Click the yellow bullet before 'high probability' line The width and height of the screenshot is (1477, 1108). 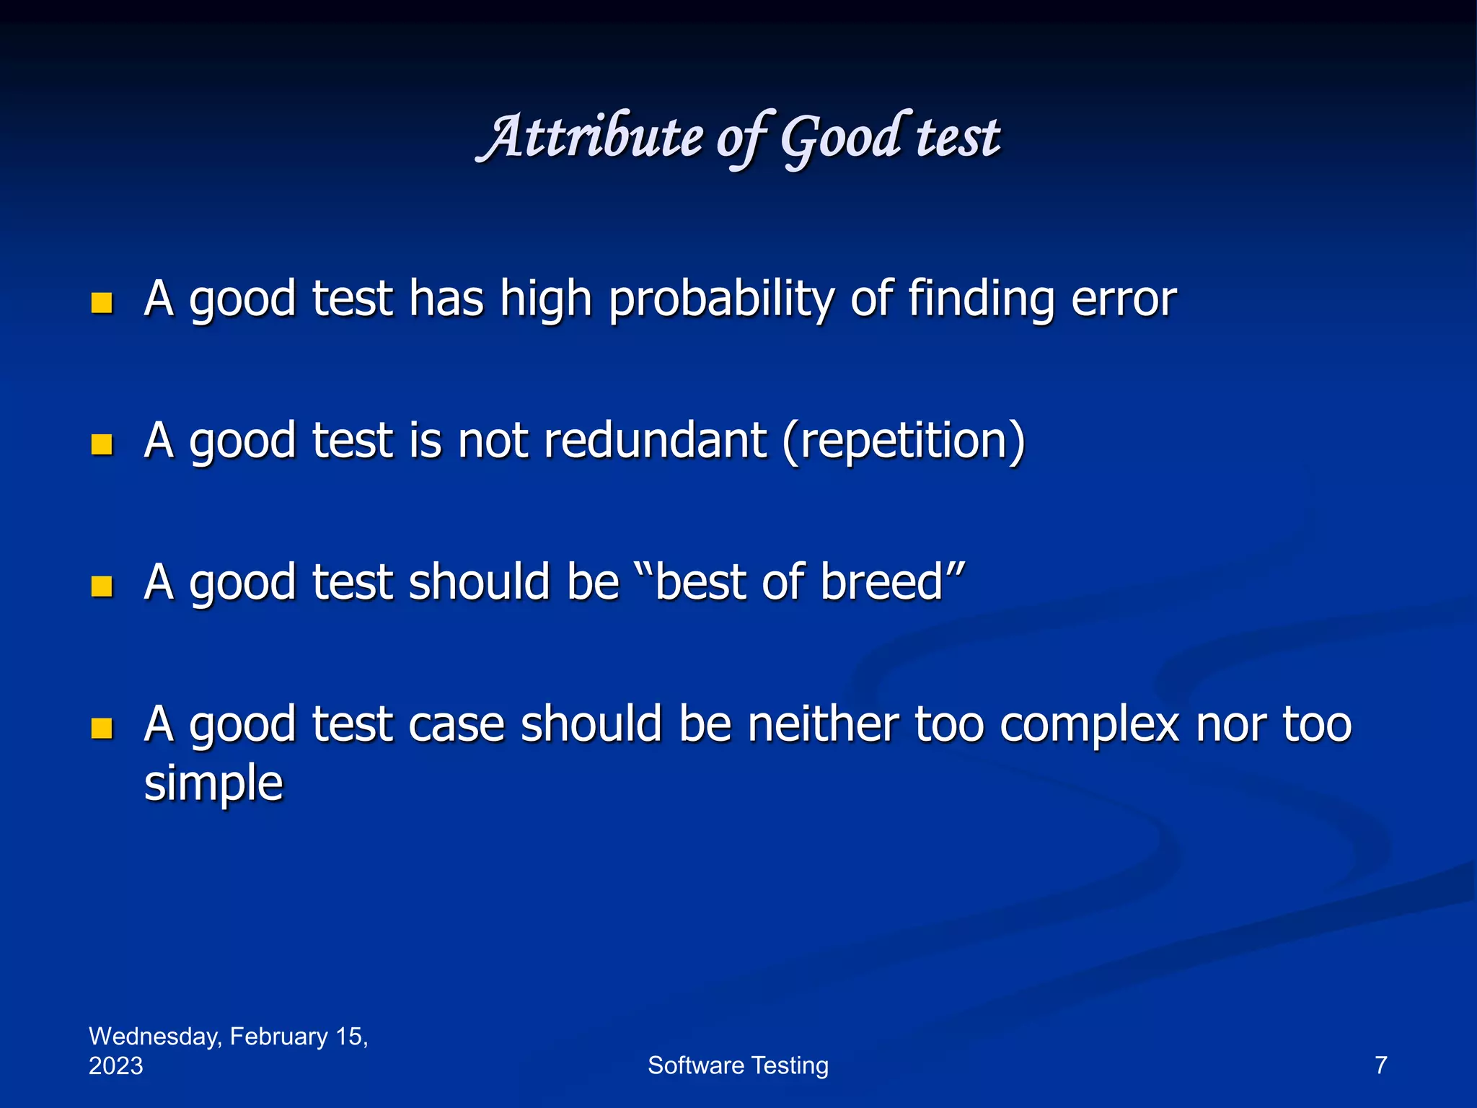pos(102,302)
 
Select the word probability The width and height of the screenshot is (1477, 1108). pos(720,299)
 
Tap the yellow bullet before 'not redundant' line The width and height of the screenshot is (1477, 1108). pos(102,444)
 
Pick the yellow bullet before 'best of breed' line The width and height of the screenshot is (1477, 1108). pos(102,586)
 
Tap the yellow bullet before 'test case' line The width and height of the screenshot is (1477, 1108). pos(102,728)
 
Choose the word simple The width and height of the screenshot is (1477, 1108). pos(213,783)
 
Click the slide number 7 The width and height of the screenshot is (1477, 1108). pos(1380,1065)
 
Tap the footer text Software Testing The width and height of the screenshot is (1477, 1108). pos(738,1065)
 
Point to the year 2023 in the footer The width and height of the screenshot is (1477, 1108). pos(115,1066)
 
